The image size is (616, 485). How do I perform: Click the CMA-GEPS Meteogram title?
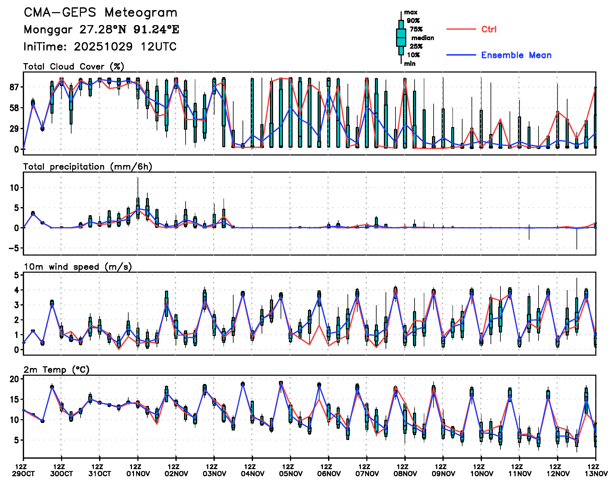(100, 13)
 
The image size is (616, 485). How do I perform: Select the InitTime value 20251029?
(103, 47)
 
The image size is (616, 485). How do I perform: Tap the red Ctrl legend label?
(489, 29)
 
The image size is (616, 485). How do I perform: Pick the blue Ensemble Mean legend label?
(516, 55)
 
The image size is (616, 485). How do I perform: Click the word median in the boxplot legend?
(423, 38)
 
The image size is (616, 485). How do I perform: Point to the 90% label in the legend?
(413, 21)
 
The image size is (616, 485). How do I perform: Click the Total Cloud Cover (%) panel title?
(74, 66)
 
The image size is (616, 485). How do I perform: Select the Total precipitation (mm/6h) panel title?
(88, 167)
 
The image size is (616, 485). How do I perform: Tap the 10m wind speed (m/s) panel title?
(78, 267)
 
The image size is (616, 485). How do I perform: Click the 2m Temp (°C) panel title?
(56, 370)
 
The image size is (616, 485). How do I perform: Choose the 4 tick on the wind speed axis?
(17, 290)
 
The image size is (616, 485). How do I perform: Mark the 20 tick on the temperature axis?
(14, 379)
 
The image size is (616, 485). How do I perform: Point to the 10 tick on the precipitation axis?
(14, 188)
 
